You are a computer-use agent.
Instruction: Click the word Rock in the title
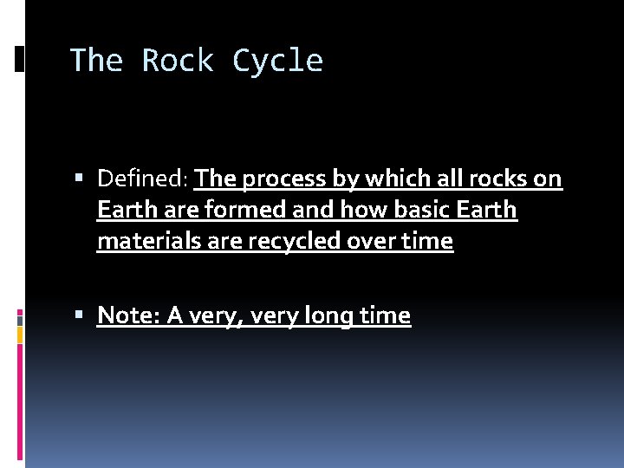[178, 61]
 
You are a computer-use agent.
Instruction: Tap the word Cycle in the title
[277, 61]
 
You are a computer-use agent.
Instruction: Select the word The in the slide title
[96, 61]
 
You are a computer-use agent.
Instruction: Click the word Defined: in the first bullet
[142, 179]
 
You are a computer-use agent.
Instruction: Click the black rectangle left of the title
[19, 58]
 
